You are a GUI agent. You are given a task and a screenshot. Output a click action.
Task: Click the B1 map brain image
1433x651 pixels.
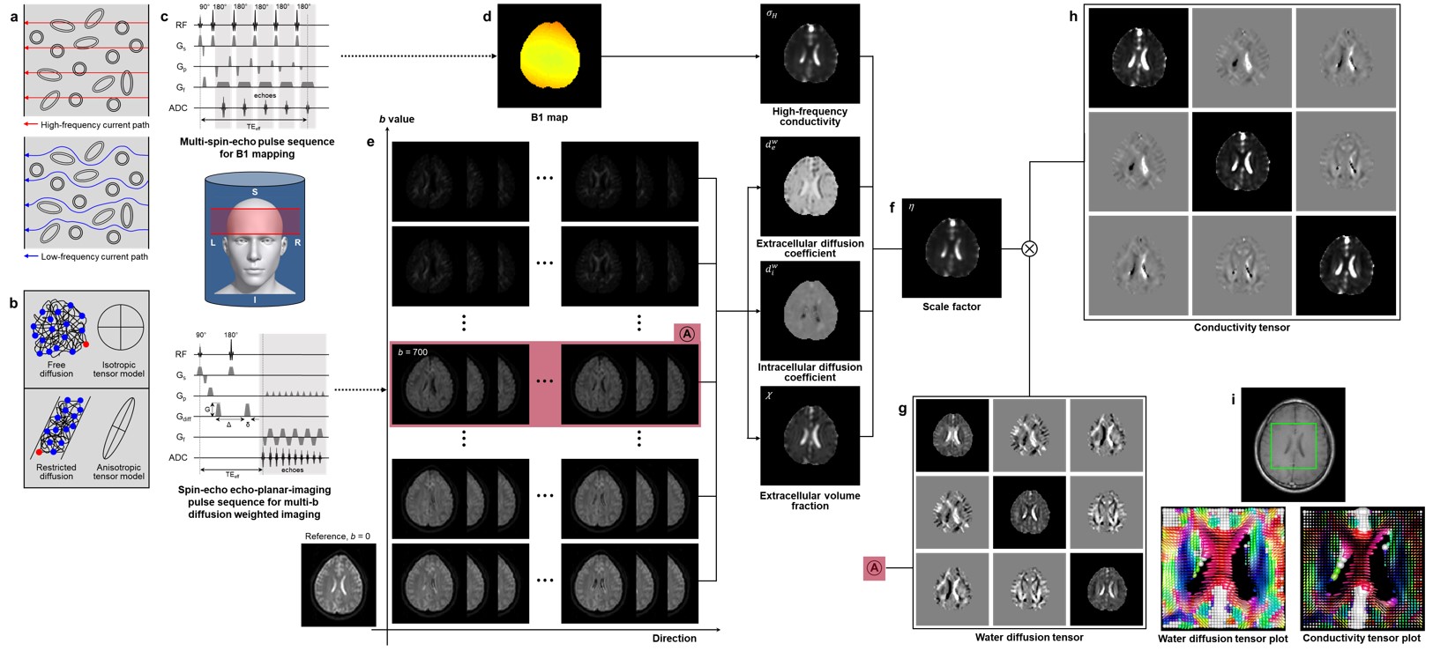[x=549, y=54]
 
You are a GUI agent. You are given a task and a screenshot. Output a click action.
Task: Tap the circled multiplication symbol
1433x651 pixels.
[x=1028, y=248]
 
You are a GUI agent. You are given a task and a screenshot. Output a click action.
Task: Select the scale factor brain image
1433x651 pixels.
[x=952, y=248]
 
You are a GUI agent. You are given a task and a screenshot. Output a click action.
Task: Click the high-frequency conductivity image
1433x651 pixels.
[x=810, y=53]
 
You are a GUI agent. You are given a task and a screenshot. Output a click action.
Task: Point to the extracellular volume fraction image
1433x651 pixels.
[x=810, y=436]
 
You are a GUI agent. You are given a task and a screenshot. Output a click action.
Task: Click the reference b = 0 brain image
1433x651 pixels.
[x=339, y=585]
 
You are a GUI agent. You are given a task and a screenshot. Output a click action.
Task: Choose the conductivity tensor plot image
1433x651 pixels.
[x=1362, y=568]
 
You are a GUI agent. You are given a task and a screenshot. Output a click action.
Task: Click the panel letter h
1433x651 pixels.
[x=1072, y=16]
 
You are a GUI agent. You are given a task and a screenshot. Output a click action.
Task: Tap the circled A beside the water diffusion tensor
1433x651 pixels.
[x=875, y=569]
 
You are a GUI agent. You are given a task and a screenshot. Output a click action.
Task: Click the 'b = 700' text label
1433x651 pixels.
[x=413, y=353]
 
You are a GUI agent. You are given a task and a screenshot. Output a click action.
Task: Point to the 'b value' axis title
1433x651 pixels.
[x=396, y=119]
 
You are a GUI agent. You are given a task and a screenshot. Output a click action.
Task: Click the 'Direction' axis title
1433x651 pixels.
[x=674, y=639]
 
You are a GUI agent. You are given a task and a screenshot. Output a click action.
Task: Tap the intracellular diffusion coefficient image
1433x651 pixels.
[x=810, y=310]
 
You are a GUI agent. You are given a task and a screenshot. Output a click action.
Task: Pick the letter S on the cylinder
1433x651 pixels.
[x=254, y=191]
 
